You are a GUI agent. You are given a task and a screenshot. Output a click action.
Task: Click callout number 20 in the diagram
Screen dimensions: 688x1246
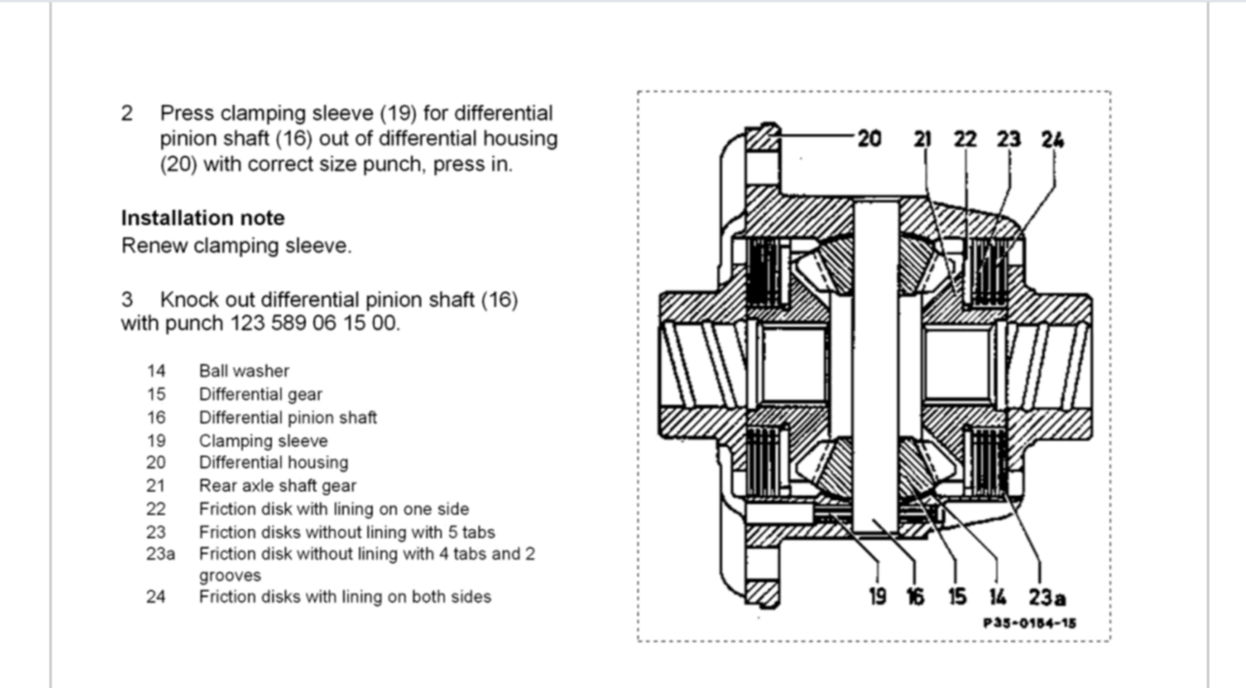click(869, 139)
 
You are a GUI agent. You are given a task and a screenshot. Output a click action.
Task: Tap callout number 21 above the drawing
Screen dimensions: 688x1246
click(922, 139)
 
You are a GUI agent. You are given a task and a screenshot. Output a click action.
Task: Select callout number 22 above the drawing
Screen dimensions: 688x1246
click(965, 139)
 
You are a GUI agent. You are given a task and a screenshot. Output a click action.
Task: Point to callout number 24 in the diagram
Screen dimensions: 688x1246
click(1053, 139)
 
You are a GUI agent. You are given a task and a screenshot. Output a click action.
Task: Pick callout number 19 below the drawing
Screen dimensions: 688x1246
click(877, 597)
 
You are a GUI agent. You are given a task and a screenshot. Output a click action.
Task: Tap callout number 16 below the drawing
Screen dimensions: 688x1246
click(915, 597)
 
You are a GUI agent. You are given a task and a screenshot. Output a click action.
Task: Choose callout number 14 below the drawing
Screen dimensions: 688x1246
click(997, 597)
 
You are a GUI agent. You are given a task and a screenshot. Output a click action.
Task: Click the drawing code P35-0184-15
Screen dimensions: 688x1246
click(1030, 623)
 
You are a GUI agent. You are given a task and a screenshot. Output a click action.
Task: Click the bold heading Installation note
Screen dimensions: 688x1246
click(203, 219)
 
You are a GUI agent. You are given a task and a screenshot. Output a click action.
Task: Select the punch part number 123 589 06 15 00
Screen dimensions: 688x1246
click(313, 324)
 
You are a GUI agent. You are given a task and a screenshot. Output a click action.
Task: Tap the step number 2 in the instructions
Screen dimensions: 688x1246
click(127, 114)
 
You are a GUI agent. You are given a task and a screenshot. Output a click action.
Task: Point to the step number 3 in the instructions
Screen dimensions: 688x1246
click(127, 300)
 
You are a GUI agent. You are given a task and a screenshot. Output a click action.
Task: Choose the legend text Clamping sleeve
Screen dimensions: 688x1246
click(263, 441)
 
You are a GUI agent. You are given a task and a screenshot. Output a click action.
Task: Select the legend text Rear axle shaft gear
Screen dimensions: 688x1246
click(277, 486)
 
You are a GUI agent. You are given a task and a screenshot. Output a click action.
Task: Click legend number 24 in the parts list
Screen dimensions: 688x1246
click(155, 597)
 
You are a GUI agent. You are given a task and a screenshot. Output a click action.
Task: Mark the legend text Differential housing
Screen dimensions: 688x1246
click(273, 463)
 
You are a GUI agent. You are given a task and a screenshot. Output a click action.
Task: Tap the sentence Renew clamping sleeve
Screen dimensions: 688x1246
click(236, 246)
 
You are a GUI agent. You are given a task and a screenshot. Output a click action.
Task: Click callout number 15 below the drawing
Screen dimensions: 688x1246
click(957, 597)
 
